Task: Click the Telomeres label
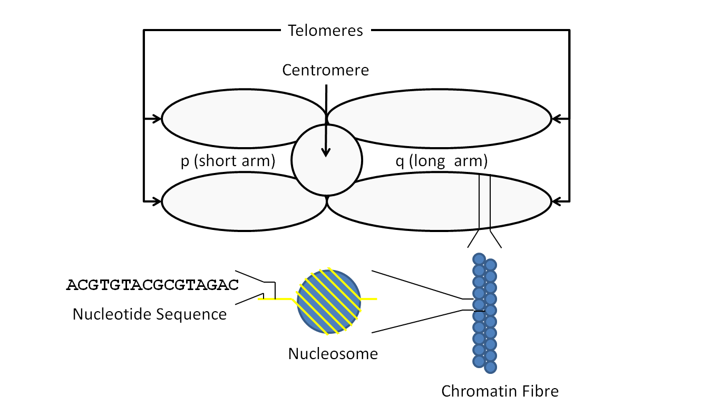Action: pos(325,31)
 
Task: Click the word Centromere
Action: pos(325,70)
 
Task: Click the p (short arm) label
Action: pos(228,161)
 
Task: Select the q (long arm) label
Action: pos(441,161)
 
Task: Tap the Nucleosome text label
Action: pos(333,353)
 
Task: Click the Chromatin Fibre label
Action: pos(499,391)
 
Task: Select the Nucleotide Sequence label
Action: pos(149,314)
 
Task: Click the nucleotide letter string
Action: pos(153,285)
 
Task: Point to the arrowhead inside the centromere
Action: pos(326,152)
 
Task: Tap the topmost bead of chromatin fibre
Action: pos(479,258)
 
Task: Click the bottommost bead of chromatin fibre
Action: pos(491,367)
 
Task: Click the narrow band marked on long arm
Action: pos(484,202)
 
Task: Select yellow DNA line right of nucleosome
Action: pos(369,299)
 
